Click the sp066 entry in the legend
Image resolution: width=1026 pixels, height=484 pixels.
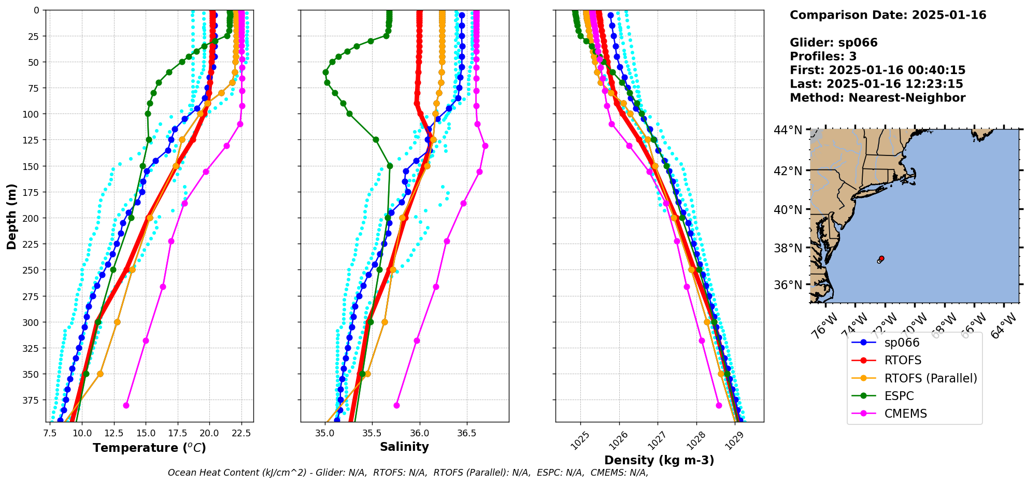click(901, 343)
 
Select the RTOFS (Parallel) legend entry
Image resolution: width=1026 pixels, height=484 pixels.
click(930, 378)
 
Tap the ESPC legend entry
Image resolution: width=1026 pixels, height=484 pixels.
click(899, 396)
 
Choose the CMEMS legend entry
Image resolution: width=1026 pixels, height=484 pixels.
click(905, 414)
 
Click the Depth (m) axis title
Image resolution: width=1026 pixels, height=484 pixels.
click(11, 216)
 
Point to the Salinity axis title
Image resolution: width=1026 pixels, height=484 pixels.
click(404, 447)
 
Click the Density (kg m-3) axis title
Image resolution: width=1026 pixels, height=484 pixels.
click(659, 460)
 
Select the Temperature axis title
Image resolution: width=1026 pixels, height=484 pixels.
click(149, 448)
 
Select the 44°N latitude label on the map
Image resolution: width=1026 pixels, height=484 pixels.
click(788, 130)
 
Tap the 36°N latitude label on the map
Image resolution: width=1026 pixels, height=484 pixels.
click(788, 285)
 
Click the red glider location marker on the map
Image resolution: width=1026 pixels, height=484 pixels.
click(881, 258)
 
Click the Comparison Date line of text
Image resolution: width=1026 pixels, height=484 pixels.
click(888, 15)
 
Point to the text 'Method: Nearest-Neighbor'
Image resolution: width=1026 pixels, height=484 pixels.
click(877, 98)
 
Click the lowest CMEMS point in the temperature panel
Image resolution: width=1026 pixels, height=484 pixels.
click(126, 405)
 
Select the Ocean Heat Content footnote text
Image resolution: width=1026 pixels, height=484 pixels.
click(408, 473)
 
